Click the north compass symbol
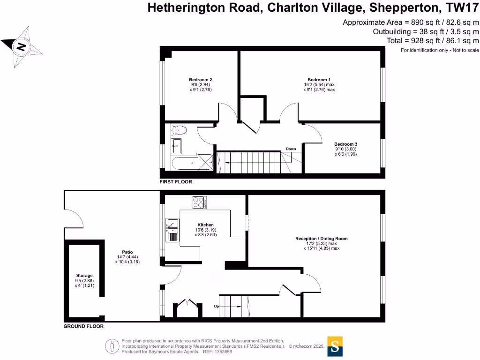pos(21,46)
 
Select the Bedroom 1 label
pos(319,80)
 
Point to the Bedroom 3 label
pos(345,144)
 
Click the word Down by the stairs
pos(291,149)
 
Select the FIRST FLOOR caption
pos(176,181)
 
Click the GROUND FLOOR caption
pos(83,326)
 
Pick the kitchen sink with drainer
pos(172,230)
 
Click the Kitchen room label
pos(205,225)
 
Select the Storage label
pos(84,276)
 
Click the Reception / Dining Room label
pos(321,239)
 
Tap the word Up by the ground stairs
pos(216,306)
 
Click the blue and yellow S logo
pos(335,346)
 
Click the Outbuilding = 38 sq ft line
pos(426,31)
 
